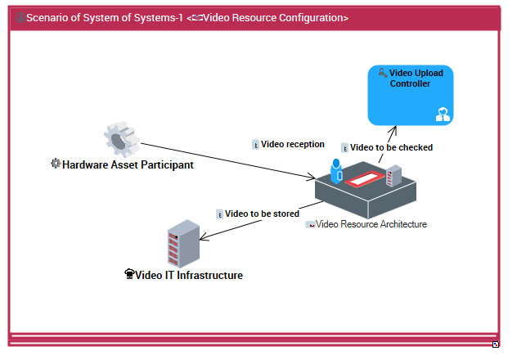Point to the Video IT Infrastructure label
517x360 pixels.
click(189, 276)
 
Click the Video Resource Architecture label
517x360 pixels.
click(371, 224)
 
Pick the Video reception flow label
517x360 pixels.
click(293, 144)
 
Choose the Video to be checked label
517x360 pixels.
click(391, 148)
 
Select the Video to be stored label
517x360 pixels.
click(262, 214)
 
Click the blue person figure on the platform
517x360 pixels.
click(335, 170)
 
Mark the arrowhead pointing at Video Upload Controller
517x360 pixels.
click(394, 128)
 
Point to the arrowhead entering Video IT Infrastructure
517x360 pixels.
click(202, 238)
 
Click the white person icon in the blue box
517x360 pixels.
click(443, 115)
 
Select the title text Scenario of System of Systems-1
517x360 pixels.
click(105, 18)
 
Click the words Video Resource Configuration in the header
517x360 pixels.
click(274, 18)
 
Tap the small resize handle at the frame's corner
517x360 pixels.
click(496, 344)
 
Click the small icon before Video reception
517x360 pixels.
click(255, 145)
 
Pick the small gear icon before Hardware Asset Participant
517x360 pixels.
click(56, 164)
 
